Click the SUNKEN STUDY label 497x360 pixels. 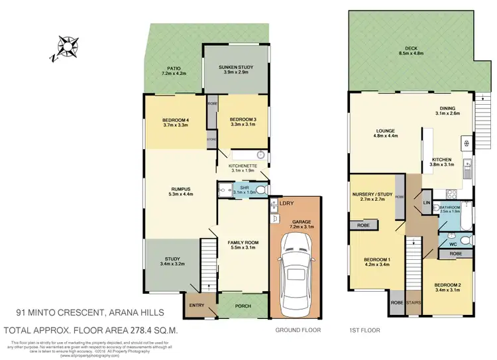click(x=237, y=66)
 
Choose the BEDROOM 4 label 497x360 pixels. click(x=176, y=120)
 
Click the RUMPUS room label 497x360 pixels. click(x=181, y=189)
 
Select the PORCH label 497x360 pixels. click(x=243, y=306)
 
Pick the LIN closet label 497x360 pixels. click(x=427, y=202)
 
